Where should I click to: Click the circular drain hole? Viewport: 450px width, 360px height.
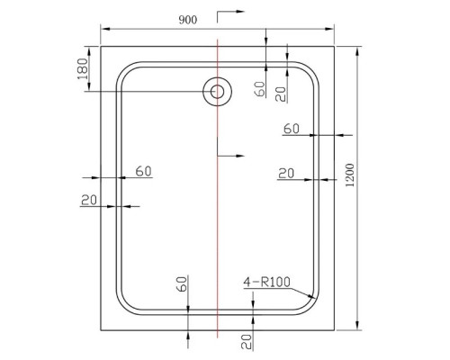click(216, 91)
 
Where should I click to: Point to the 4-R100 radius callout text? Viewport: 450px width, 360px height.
click(266, 283)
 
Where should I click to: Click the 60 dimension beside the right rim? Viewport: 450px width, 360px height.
click(291, 129)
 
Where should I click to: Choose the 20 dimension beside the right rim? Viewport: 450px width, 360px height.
click(286, 173)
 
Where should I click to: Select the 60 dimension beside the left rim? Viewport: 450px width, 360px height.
click(143, 171)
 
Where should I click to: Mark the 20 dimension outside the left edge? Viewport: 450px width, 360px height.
click(88, 200)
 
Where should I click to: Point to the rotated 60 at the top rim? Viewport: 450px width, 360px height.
click(259, 89)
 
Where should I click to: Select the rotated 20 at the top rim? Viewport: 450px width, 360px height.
click(280, 91)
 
